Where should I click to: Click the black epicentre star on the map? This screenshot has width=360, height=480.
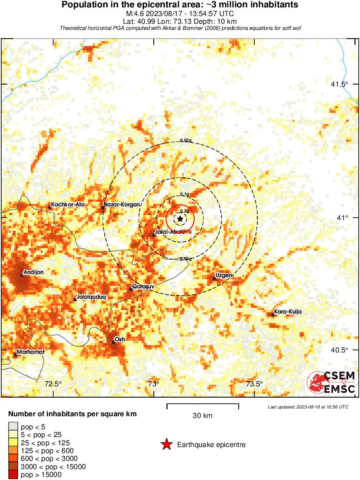(180, 219)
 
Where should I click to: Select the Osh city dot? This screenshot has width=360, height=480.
(113, 343)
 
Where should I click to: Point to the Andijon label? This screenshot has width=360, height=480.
(33, 272)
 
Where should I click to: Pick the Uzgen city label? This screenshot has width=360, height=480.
(224, 275)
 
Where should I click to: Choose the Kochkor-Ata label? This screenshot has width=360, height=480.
(64, 204)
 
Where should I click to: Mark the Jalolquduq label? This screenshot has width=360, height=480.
(91, 297)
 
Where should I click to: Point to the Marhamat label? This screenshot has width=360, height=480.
(31, 352)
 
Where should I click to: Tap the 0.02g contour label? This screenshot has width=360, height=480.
(185, 140)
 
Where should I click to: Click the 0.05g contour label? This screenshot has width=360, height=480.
(185, 259)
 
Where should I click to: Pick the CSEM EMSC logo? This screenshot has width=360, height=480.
(331, 382)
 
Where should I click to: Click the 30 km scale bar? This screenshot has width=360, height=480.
(203, 406)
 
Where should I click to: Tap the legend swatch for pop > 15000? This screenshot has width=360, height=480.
(13, 475)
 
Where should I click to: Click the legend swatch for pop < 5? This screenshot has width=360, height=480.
(13, 427)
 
